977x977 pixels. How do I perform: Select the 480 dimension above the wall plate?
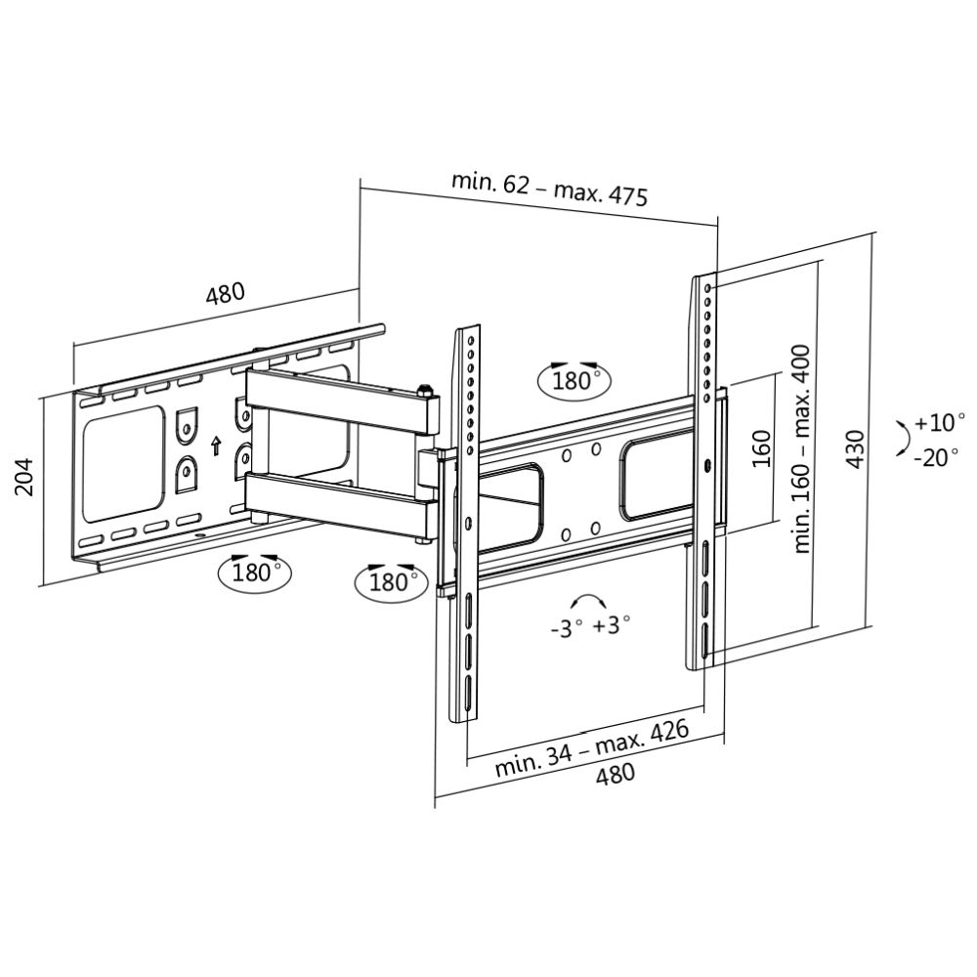(224, 294)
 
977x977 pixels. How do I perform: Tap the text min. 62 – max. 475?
(549, 188)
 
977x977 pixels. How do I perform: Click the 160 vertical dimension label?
(762, 448)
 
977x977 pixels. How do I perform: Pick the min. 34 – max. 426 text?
(591, 748)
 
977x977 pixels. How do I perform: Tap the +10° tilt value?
(939, 423)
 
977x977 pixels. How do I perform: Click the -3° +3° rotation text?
(590, 626)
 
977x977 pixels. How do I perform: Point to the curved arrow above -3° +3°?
(589, 601)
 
